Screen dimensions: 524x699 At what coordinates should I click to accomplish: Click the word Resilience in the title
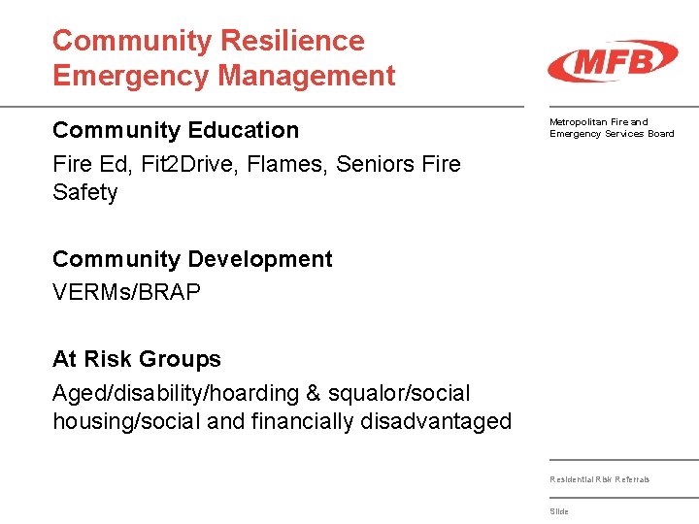292,41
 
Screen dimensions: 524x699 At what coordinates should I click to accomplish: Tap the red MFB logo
612,61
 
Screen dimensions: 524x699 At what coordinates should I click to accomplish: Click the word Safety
84,192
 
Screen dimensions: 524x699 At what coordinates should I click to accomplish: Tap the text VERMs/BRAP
126,292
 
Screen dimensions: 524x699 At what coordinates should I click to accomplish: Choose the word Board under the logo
661,134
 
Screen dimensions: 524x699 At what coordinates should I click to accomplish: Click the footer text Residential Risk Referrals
599,479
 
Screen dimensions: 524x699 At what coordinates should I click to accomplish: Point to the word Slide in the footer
559,511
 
